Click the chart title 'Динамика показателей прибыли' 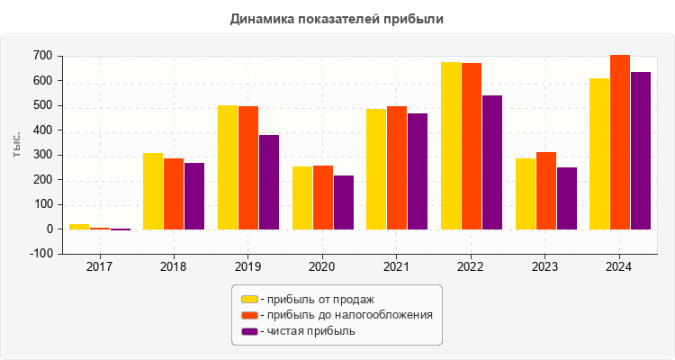coord(337,18)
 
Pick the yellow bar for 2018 coord(153,191)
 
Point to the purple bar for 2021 coord(418,171)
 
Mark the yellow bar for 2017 coord(79,226)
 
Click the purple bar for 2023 coord(567,198)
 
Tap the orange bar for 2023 coord(546,191)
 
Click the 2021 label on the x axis coord(396,267)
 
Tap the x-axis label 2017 coord(99,267)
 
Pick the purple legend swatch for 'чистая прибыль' coord(249,331)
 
